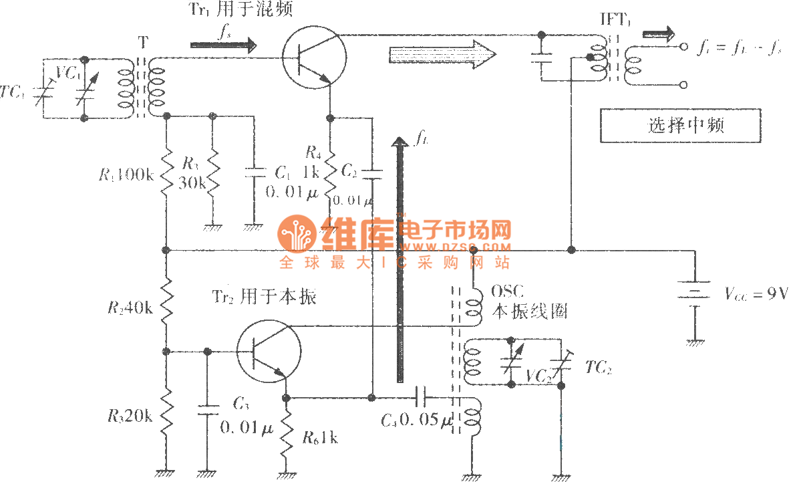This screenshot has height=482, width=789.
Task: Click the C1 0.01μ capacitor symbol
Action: point(253,172)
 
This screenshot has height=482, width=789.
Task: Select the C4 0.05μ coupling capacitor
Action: point(420,398)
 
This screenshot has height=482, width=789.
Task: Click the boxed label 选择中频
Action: point(680,126)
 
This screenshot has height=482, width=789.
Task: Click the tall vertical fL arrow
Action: point(400,261)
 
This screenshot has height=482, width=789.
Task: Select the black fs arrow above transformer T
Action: point(223,45)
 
